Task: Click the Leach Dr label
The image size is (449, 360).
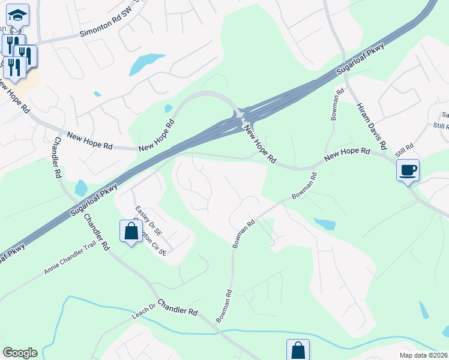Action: [143, 316]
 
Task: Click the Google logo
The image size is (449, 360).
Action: [20, 353]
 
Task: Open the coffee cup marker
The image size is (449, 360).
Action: [408, 170]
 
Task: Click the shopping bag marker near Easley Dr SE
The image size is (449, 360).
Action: [131, 231]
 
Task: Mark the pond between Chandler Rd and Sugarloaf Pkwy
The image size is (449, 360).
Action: [81, 188]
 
